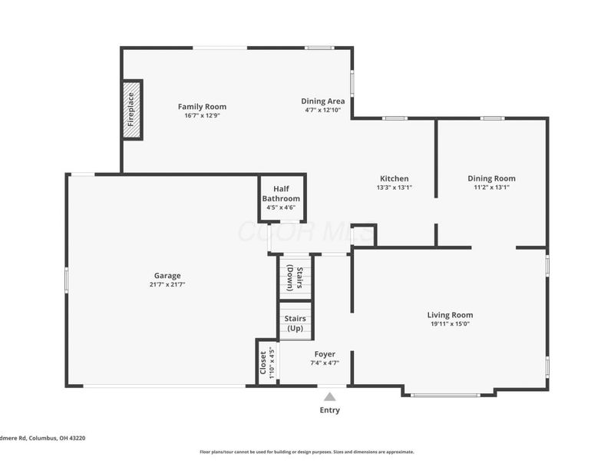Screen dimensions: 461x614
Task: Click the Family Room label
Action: point(202,107)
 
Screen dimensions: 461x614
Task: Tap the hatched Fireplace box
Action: point(132,110)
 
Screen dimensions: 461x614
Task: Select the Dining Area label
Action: point(322,101)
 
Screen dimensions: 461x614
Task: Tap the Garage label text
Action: point(167,276)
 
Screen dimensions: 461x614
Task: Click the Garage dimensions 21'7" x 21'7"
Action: point(167,284)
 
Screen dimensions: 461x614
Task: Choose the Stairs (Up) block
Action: point(295,323)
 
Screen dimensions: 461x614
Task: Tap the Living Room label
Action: point(450,315)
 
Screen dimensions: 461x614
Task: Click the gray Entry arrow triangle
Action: point(329,397)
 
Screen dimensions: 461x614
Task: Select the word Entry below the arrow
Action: point(329,410)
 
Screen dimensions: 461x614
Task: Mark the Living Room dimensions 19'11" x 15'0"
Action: point(450,323)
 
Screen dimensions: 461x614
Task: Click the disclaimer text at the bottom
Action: point(307,452)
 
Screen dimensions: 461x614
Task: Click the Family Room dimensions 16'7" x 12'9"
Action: point(202,115)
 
